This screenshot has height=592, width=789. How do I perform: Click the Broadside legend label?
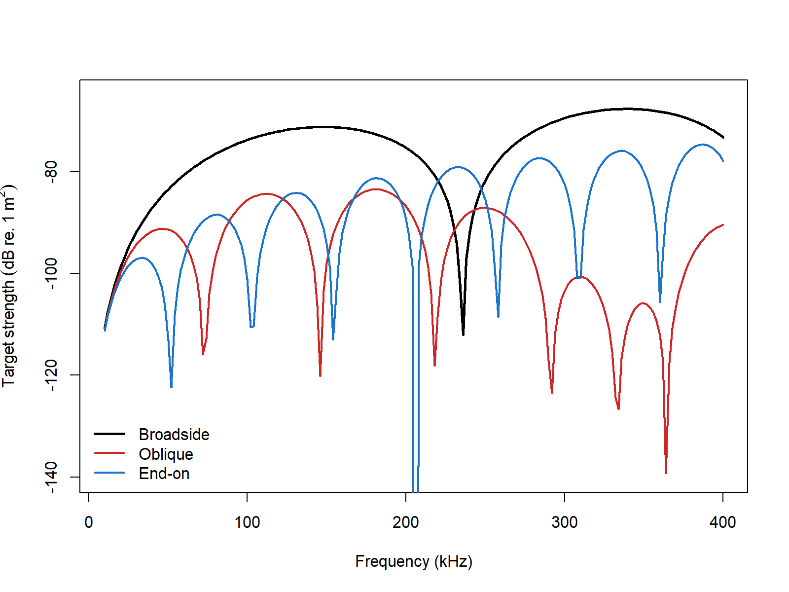tap(174, 434)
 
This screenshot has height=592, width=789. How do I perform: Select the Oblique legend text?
tap(166, 454)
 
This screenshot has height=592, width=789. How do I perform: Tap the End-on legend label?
tap(164, 474)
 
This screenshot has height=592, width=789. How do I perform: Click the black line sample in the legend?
tap(109, 434)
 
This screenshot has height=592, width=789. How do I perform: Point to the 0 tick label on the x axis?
tap(89, 522)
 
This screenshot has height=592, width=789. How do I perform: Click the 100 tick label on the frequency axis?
tap(247, 522)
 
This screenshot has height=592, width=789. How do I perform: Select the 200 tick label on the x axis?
tap(405, 522)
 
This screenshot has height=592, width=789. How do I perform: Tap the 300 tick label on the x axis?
tap(564, 522)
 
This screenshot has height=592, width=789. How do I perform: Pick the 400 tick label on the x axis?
tap(722, 522)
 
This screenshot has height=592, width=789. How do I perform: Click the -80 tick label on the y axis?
tap(51, 171)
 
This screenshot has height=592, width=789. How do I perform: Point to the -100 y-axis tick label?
tap(51, 273)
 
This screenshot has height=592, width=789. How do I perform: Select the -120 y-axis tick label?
tap(51, 375)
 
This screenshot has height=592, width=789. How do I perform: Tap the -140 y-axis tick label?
tap(51, 477)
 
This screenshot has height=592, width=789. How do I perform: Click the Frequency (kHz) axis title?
tap(414, 561)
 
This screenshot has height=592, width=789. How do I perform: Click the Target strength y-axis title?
tap(10, 286)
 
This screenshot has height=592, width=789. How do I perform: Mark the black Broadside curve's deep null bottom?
tap(463, 334)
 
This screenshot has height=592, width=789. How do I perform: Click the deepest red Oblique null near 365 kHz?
tap(666, 472)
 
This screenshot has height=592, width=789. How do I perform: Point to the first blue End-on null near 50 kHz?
tap(171, 386)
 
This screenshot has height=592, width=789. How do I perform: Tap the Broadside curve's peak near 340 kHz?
tap(626, 109)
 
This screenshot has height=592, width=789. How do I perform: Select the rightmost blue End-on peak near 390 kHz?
tap(703, 145)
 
